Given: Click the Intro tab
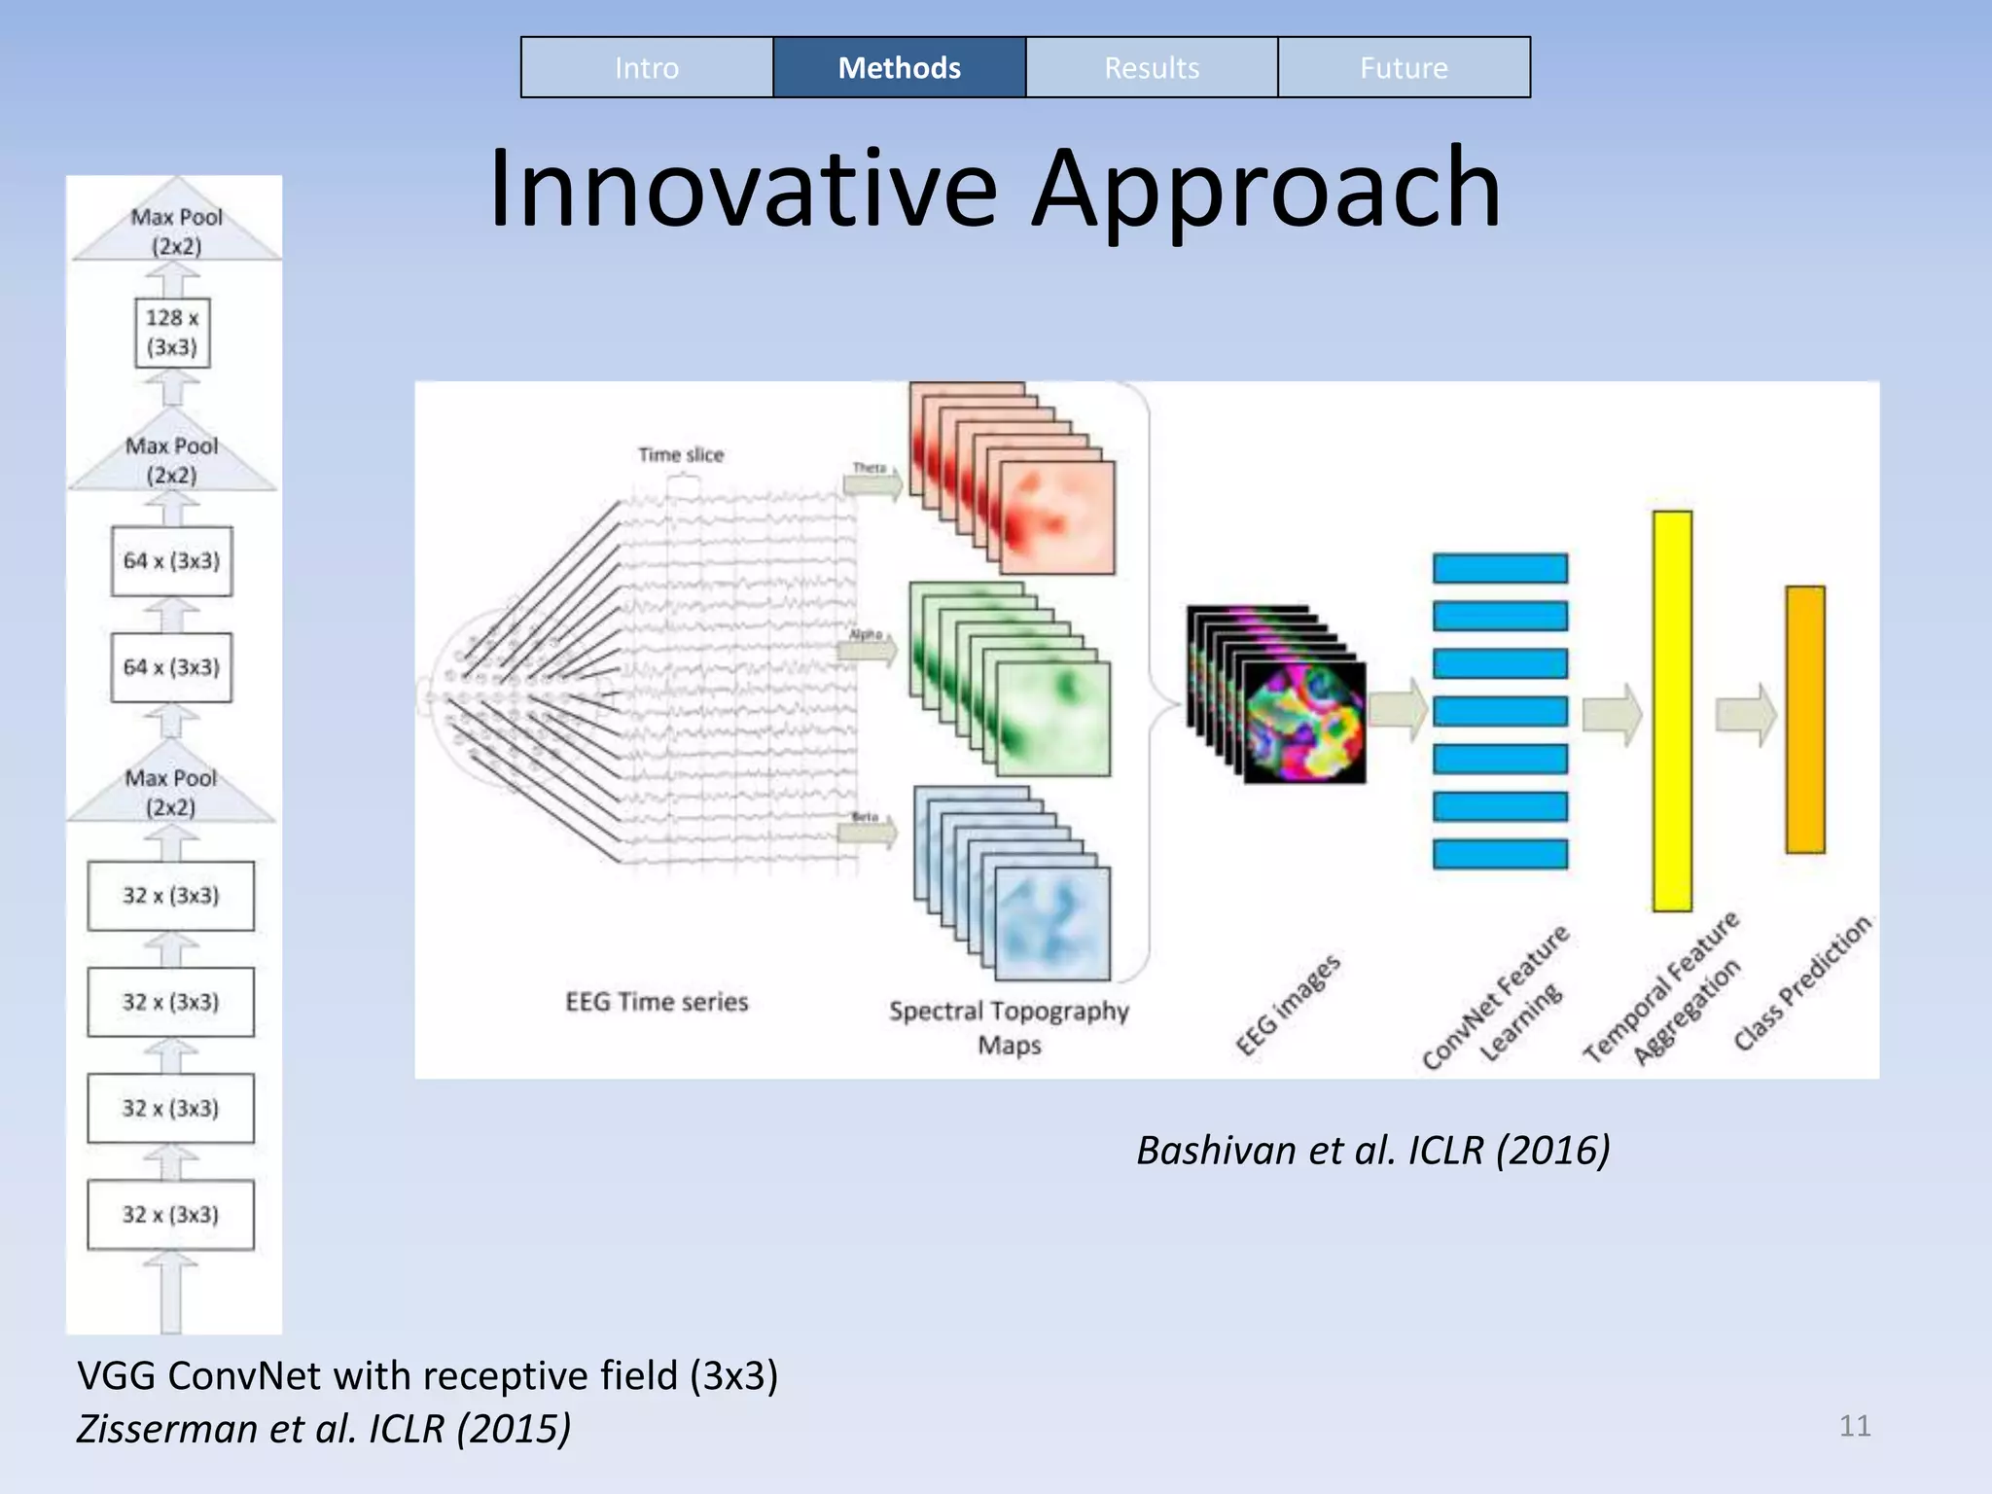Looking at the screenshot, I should pos(647,68).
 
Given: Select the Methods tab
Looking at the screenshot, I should pos(899,68).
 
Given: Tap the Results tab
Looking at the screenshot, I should pos(1152,68).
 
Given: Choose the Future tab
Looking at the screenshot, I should pos(1404,68).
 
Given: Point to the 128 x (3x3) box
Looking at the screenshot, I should pos(172,333).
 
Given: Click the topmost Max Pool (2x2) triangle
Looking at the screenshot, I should pos(176,230).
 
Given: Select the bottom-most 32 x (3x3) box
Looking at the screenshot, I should pos(171,1215).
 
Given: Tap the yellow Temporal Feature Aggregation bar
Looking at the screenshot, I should pos(1672,710).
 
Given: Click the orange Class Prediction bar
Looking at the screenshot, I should pos(1805,720).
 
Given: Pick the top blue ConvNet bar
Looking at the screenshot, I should pos(1500,568).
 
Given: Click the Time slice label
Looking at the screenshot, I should pos(681,454).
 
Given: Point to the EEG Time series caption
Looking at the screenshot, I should pos(657,1002).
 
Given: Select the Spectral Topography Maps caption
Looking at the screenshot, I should pos(1009,1027).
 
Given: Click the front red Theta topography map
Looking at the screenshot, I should pos(1057,517).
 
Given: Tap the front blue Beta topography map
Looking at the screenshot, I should pos(1052,922).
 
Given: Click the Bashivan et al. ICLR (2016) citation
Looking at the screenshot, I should pos(1373,1151).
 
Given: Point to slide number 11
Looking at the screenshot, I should pos(1854,1426).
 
